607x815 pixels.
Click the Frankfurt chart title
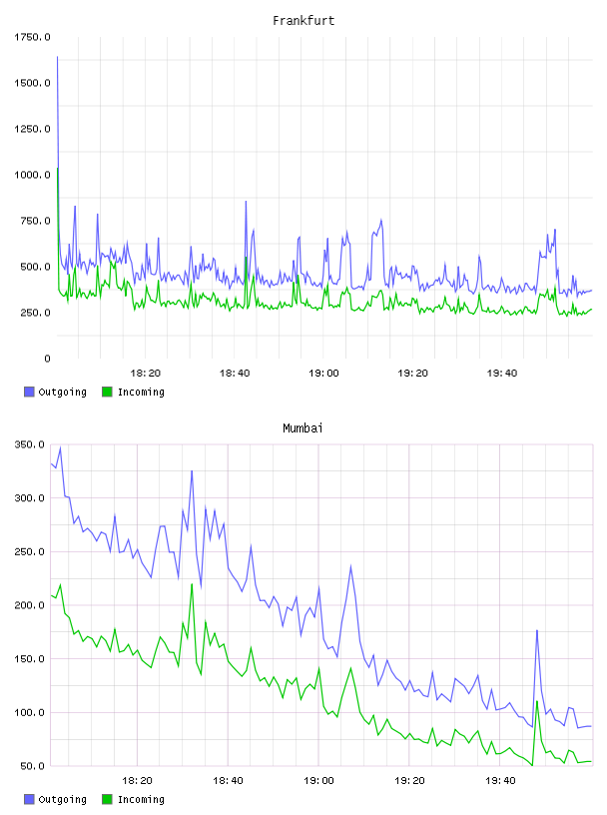(303, 20)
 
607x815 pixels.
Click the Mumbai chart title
(303, 427)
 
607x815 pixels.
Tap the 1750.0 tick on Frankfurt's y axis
(32, 37)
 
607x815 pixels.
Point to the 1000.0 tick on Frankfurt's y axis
(32, 175)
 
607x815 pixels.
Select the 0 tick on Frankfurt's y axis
(47, 359)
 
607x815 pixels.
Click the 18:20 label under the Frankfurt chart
(145, 373)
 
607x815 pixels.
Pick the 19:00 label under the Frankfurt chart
(323, 373)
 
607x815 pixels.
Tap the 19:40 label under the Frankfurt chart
(501, 373)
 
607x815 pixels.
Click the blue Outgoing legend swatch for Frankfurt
(29, 392)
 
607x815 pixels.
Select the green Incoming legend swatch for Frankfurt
(107, 392)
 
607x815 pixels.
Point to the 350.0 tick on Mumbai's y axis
(30, 444)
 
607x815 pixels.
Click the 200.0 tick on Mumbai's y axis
(30, 605)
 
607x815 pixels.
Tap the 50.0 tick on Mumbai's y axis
(32, 766)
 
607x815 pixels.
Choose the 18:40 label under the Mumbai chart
(228, 780)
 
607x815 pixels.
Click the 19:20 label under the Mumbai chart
(409, 780)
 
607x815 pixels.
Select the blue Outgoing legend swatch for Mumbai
(29, 799)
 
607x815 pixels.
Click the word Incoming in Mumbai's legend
(141, 799)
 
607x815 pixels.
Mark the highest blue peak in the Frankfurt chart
(57, 57)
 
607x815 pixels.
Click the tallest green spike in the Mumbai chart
(192, 584)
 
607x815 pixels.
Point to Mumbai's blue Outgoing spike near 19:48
(537, 630)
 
